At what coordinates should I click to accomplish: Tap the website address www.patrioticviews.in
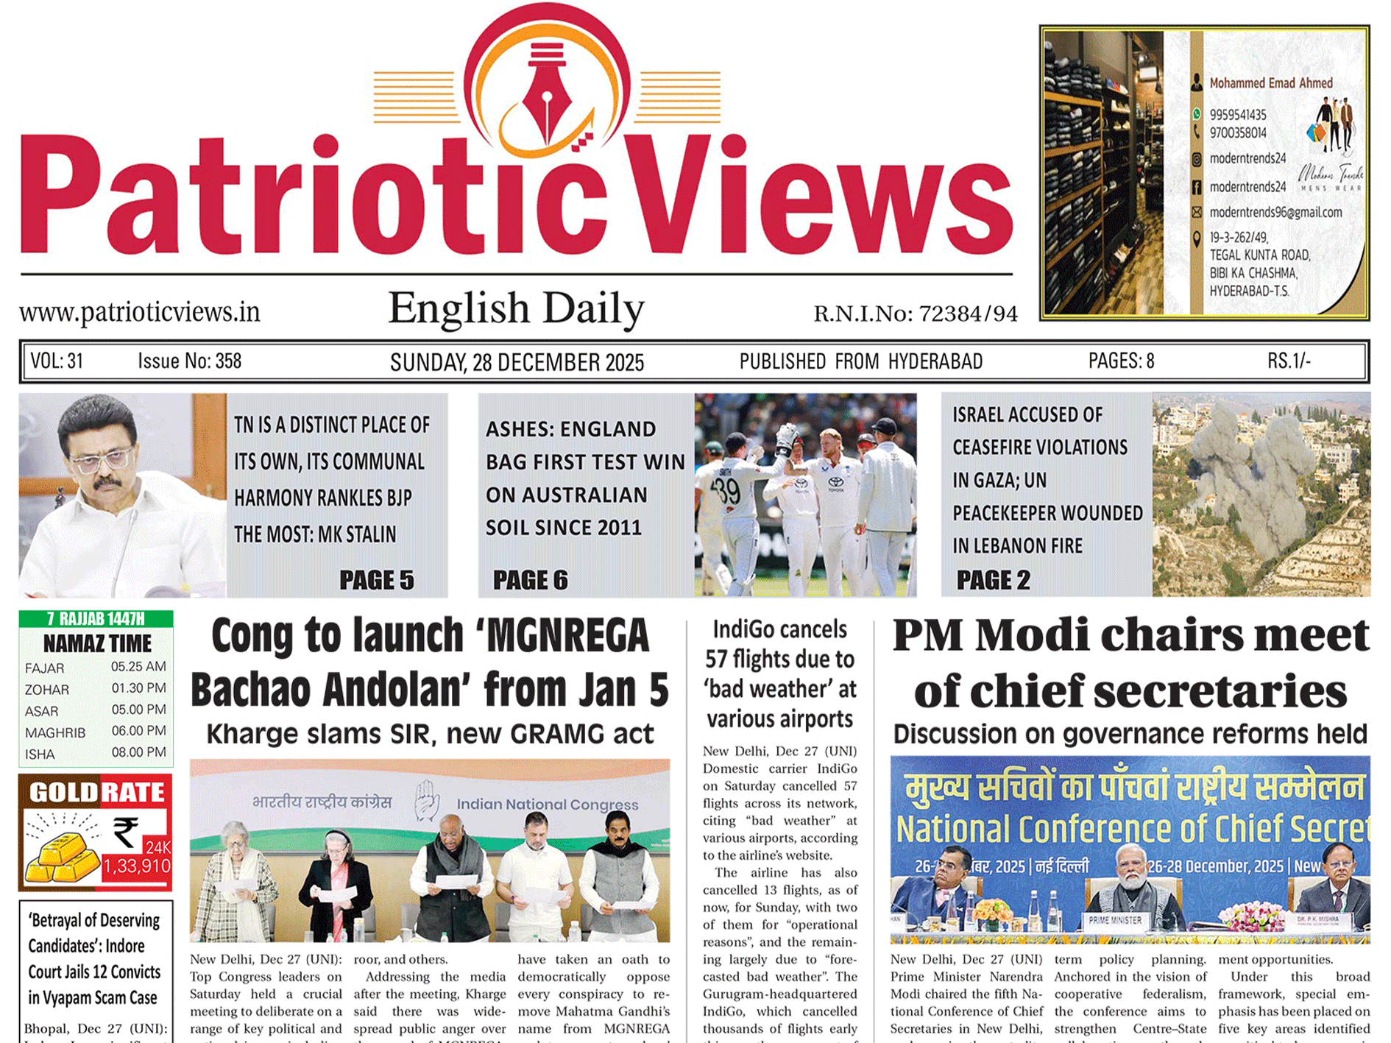pyautogui.click(x=140, y=312)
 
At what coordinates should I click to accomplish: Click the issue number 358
pyautogui.click(x=228, y=361)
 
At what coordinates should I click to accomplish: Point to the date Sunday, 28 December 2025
pyautogui.click(x=517, y=362)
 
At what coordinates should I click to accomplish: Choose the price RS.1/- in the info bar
pyautogui.click(x=1288, y=361)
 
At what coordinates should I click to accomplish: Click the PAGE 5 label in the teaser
pyautogui.click(x=376, y=580)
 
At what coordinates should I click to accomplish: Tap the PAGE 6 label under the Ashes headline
pyautogui.click(x=530, y=580)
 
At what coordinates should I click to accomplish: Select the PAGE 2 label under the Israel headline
pyautogui.click(x=993, y=580)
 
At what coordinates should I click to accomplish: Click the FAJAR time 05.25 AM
pyautogui.click(x=138, y=667)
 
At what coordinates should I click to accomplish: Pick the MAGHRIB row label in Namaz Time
pyautogui.click(x=55, y=733)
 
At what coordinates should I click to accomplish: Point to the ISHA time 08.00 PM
pyautogui.click(x=138, y=752)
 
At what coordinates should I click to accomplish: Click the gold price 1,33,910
pyautogui.click(x=137, y=866)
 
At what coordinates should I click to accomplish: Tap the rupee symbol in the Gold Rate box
pyautogui.click(x=126, y=832)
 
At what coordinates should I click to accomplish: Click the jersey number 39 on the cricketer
pyautogui.click(x=728, y=492)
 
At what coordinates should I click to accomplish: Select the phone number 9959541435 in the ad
pyautogui.click(x=1238, y=115)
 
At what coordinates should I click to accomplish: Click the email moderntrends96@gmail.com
pyautogui.click(x=1275, y=213)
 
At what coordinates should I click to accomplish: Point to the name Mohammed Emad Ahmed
pyautogui.click(x=1271, y=83)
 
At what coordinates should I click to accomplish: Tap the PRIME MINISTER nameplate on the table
pyautogui.click(x=1115, y=920)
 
